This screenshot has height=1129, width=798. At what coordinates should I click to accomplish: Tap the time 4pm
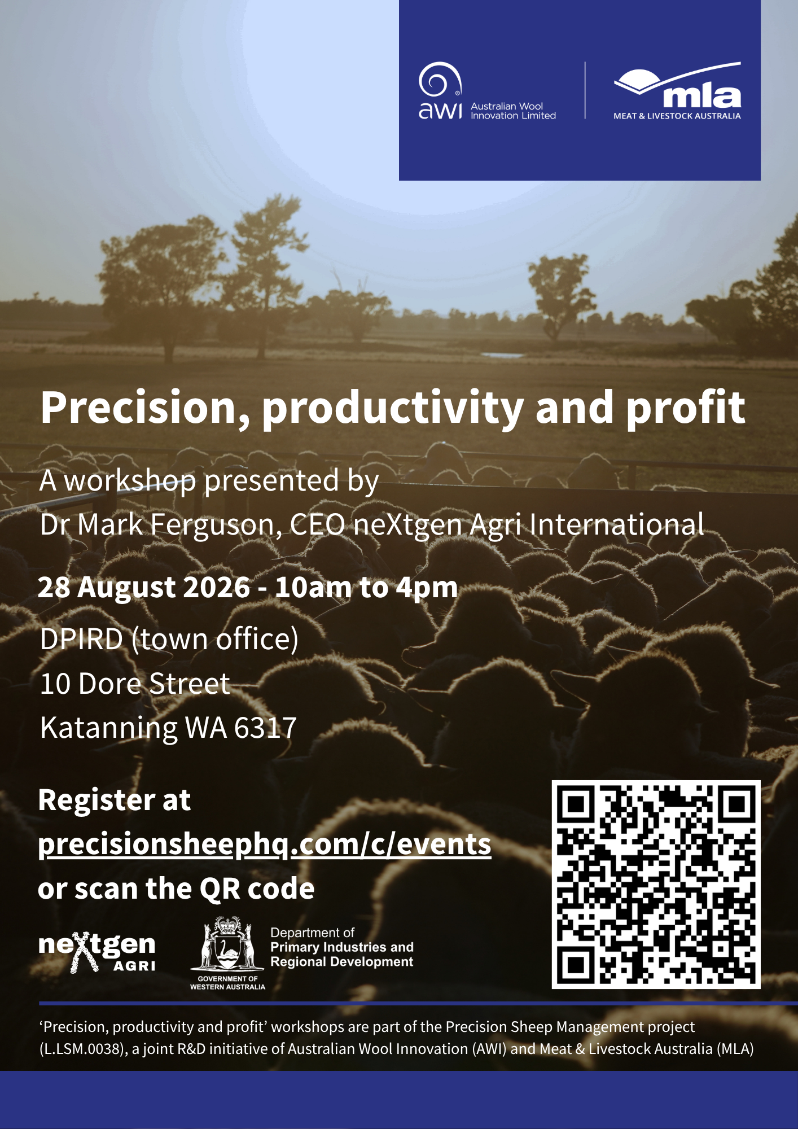[427, 588]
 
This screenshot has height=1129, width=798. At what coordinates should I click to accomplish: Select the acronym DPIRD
[82, 639]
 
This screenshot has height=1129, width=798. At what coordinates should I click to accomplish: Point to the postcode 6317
[265, 728]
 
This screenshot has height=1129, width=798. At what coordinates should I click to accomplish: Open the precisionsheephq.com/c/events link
[265, 845]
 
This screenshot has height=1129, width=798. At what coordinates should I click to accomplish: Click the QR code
[656, 885]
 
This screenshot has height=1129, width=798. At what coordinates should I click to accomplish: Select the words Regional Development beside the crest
[342, 962]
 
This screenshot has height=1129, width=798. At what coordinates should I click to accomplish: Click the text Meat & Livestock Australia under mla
[677, 116]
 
